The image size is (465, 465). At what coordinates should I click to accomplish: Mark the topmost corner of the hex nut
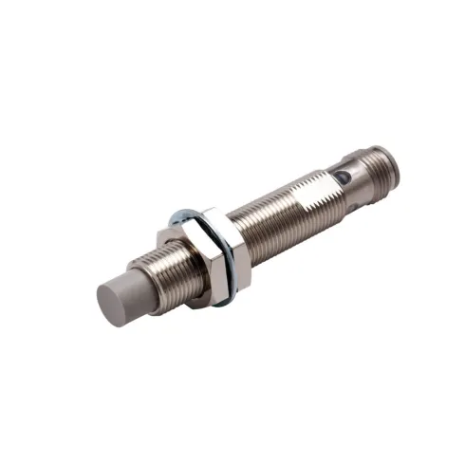coord(214,210)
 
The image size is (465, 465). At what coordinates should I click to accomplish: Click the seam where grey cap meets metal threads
coord(151,265)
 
